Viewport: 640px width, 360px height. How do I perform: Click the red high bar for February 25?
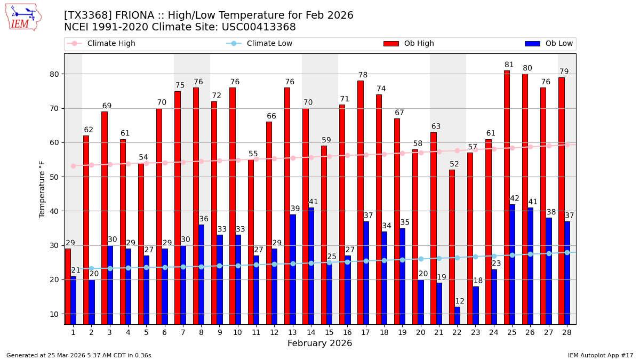coord(507,197)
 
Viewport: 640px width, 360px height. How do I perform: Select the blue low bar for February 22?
coord(457,315)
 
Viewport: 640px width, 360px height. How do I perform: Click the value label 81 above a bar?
coord(509,65)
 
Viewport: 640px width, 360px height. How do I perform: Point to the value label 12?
coord(460,301)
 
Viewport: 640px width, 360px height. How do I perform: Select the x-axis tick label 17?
coord(365,332)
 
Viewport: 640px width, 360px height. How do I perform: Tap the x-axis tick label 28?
coord(567,332)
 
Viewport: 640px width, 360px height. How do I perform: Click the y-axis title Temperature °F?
coord(43,189)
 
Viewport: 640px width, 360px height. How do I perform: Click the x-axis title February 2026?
coord(319,343)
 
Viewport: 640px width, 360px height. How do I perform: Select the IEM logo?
coord(23,17)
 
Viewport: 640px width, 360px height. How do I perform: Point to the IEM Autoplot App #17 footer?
coord(600,355)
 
